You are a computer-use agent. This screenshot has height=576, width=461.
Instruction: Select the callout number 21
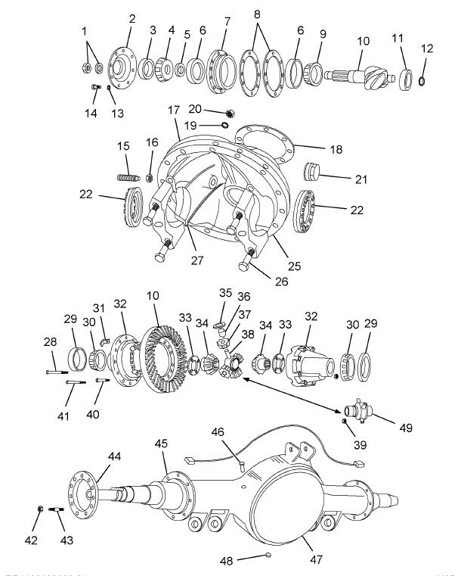(358, 178)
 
